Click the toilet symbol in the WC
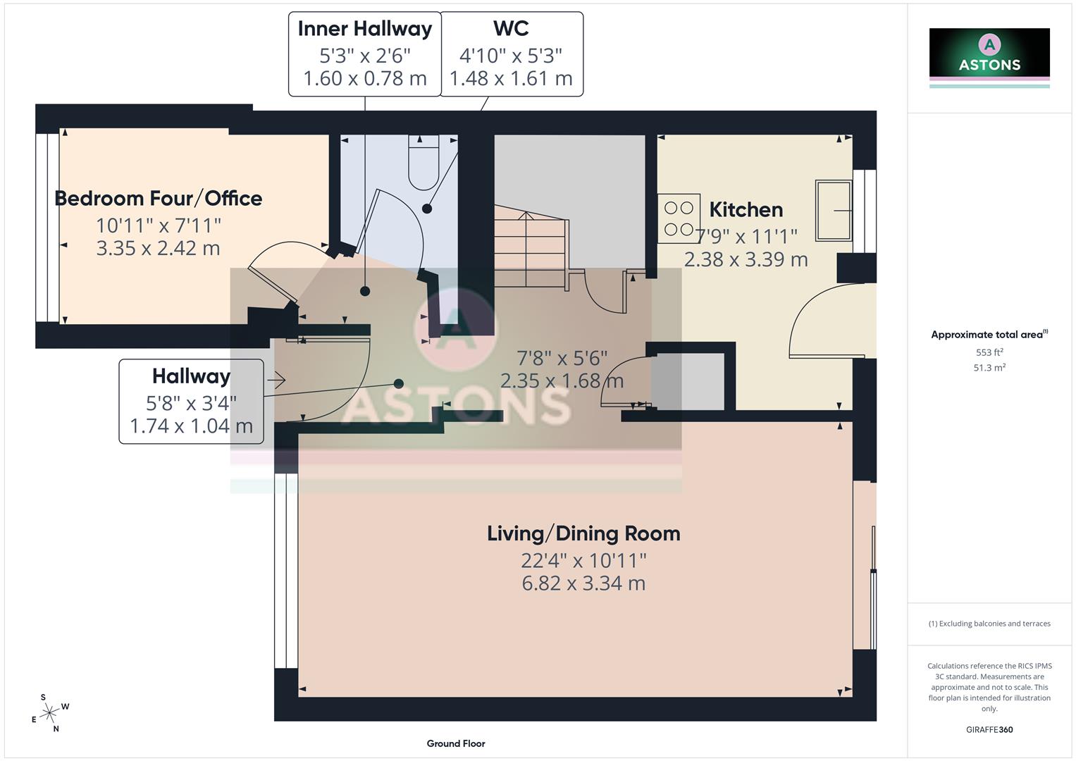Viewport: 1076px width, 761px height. tap(423, 163)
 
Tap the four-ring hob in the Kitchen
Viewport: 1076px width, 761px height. tap(679, 218)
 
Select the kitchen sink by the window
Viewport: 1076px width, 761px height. tap(833, 210)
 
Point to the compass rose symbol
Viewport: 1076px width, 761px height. tap(49, 713)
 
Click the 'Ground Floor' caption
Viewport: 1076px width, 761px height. tap(456, 743)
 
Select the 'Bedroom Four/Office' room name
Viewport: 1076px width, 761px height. tap(159, 199)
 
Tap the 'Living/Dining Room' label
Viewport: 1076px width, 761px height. tap(583, 533)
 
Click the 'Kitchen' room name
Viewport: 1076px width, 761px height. tap(746, 209)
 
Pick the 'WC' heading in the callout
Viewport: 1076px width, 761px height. tap(511, 29)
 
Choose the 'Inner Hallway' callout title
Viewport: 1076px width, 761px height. tap(364, 29)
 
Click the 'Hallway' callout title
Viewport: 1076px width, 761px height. tap(191, 376)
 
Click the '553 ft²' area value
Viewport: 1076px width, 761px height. tap(989, 352)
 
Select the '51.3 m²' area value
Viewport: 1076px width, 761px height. tap(989, 367)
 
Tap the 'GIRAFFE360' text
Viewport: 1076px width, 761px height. tap(989, 729)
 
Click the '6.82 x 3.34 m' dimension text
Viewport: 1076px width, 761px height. tap(583, 583)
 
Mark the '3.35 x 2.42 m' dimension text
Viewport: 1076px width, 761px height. tap(159, 248)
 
